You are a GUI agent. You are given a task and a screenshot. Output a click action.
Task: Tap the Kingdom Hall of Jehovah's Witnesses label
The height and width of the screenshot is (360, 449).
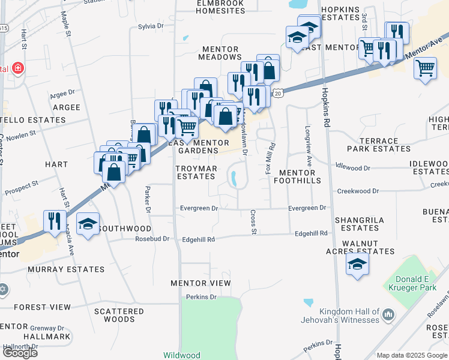click(349, 316)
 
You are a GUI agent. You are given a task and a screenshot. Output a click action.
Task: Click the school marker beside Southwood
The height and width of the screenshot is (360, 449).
click(88, 225)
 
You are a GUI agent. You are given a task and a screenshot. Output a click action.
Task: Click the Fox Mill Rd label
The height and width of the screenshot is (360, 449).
click(271, 158)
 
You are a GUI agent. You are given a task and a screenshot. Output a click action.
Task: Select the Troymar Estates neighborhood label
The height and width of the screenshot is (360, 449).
click(196, 173)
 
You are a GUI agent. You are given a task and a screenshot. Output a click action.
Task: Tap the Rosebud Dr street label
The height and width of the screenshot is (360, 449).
click(154, 239)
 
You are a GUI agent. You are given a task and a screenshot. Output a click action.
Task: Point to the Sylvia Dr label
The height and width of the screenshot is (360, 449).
click(151, 26)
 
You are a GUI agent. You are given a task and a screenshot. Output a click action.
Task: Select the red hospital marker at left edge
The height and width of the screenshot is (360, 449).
click(18, 68)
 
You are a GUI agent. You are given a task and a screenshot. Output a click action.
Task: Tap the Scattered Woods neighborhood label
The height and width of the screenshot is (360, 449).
click(119, 315)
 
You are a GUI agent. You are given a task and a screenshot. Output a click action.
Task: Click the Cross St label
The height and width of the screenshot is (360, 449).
click(253, 222)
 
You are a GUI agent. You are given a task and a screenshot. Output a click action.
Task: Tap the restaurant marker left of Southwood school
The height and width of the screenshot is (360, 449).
click(54, 221)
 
